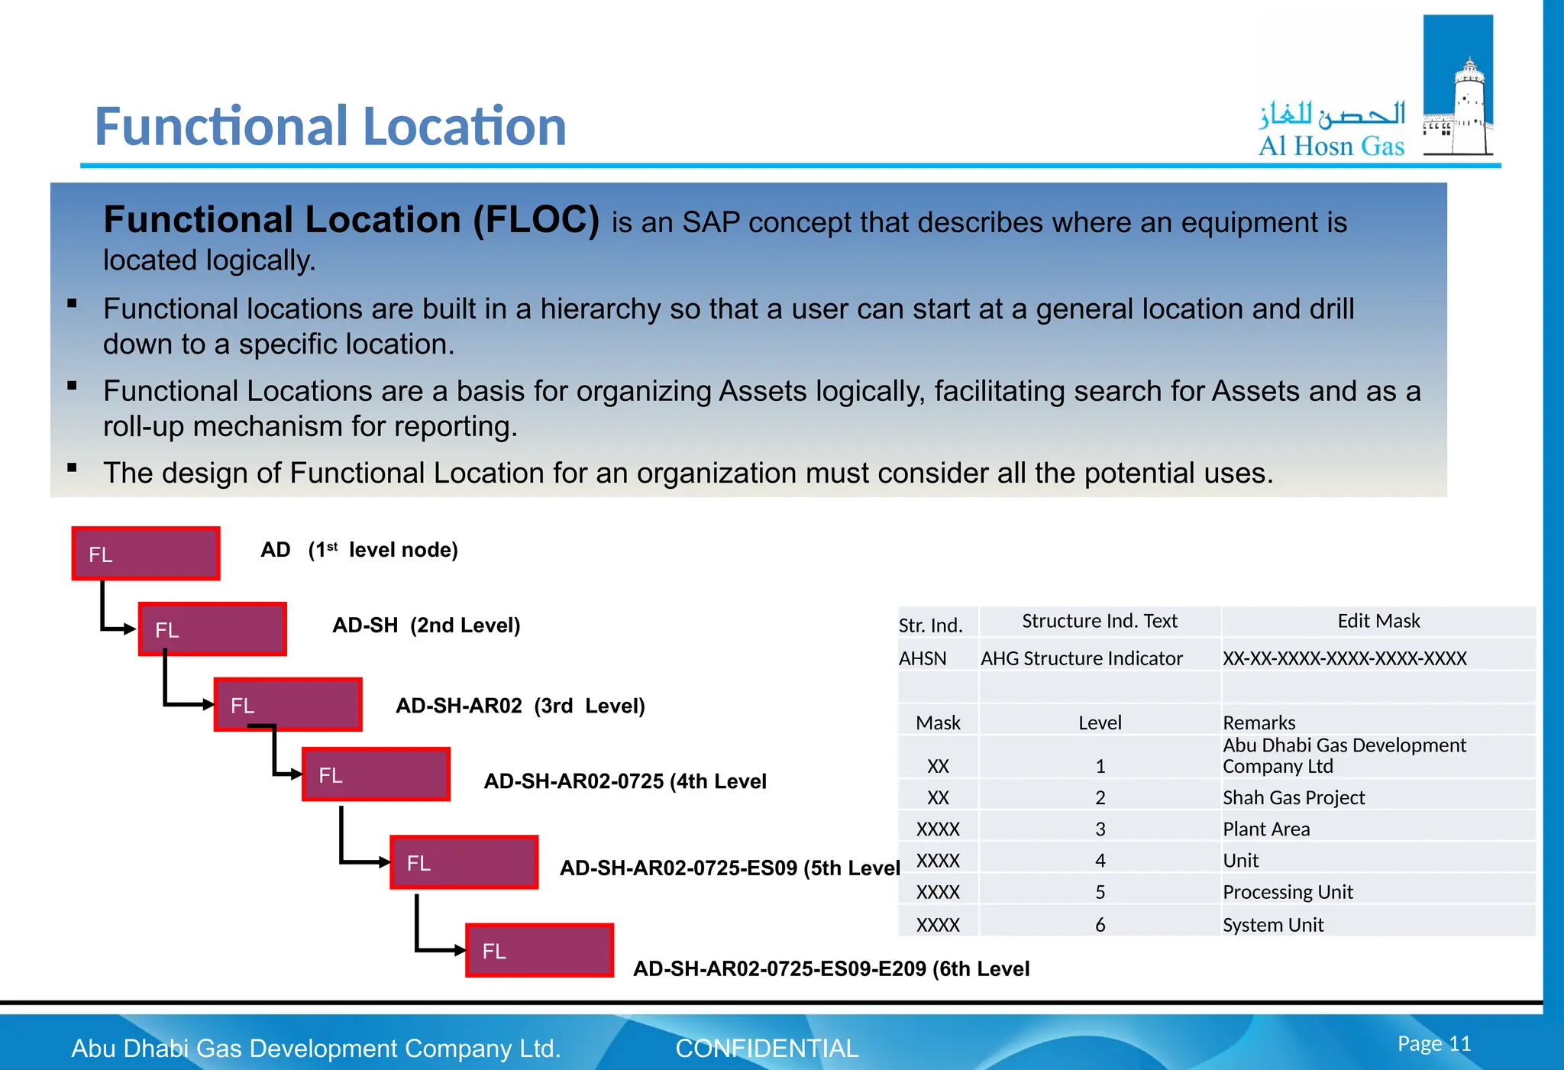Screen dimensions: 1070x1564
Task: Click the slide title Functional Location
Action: [330, 127]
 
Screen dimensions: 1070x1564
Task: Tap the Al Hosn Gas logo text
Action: [1331, 145]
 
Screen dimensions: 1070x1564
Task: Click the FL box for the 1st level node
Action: [146, 554]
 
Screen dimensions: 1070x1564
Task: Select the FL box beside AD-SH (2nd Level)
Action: [212, 629]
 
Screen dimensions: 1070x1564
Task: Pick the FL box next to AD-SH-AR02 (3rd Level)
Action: [288, 705]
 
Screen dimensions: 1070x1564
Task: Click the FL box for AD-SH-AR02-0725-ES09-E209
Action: [539, 950]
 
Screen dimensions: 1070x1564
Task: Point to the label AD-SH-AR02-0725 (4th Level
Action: [625, 781]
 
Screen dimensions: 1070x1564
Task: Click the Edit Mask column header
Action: [1378, 621]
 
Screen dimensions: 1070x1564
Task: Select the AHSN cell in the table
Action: [923, 658]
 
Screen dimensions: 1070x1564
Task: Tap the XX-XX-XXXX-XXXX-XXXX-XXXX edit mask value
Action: [1344, 658]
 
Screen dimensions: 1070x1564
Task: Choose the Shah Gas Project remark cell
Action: [1294, 797]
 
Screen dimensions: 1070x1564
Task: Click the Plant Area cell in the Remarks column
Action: [1266, 829]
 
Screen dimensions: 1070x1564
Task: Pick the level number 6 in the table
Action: [1100, 925]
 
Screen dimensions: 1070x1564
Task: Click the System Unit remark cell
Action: [1273, 925]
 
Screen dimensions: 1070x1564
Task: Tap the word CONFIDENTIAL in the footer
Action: [767, 1048]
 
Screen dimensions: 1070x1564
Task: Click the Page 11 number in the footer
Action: [1433, 1043]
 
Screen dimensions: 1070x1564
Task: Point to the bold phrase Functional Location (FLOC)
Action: [351, 220]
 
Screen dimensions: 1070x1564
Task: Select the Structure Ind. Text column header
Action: [1100, 621]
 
